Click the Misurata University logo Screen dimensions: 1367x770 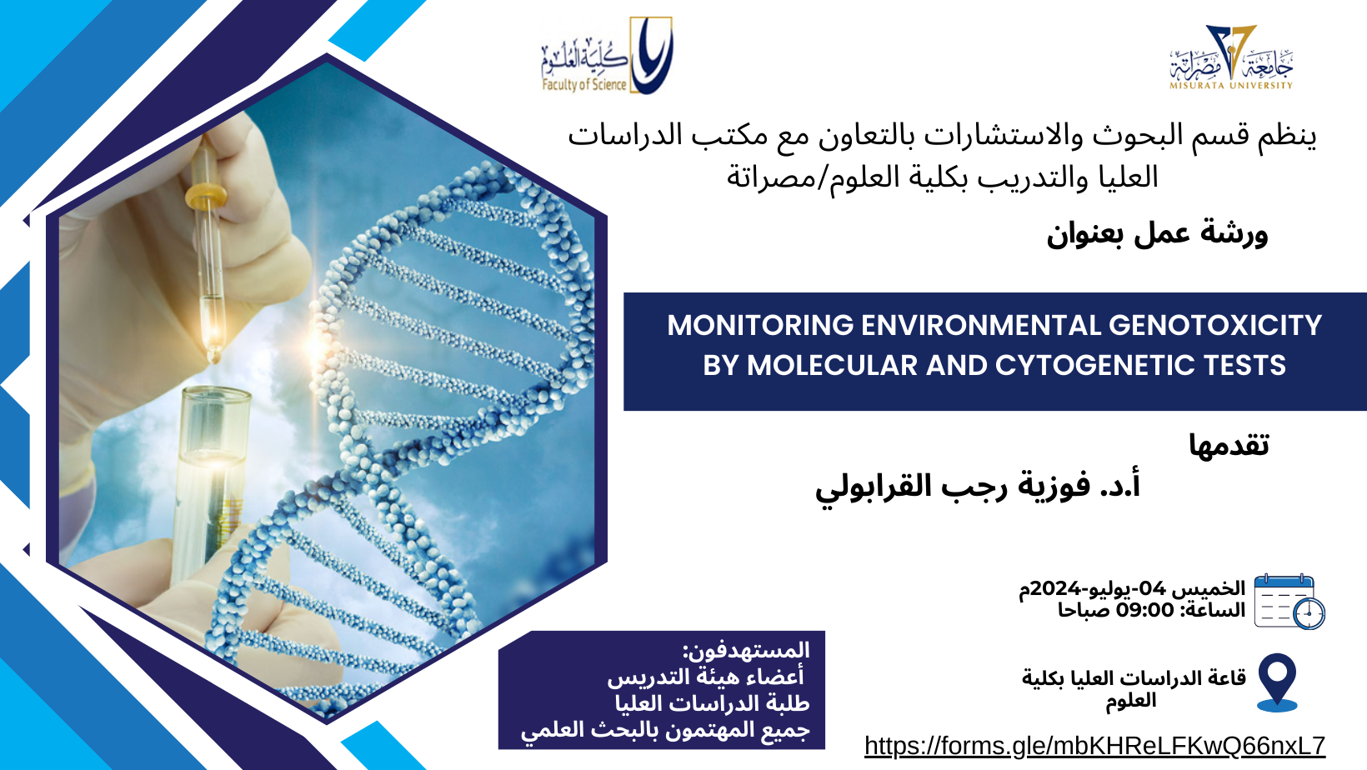1231,57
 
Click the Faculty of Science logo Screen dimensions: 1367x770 607,56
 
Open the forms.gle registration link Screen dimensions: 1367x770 1094,746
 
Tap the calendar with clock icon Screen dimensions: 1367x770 1289,602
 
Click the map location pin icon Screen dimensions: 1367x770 1277,682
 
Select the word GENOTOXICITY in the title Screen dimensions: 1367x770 1215,325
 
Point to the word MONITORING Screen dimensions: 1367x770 760,325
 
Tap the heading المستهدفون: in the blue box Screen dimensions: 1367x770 746,650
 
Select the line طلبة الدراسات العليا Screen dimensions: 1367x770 712,703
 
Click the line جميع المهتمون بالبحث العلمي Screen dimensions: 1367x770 665,730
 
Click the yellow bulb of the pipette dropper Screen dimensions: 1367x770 206,195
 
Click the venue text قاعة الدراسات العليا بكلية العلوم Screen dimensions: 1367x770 1134,689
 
